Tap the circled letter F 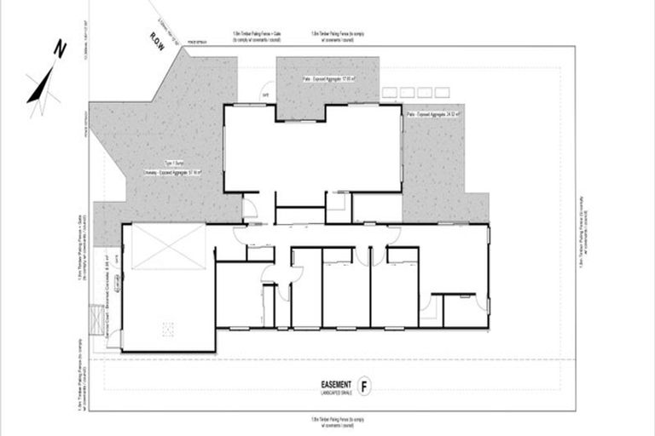pyautogui.click(x=366, y=385)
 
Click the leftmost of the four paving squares pyautogui.click(x=391, y=91)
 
